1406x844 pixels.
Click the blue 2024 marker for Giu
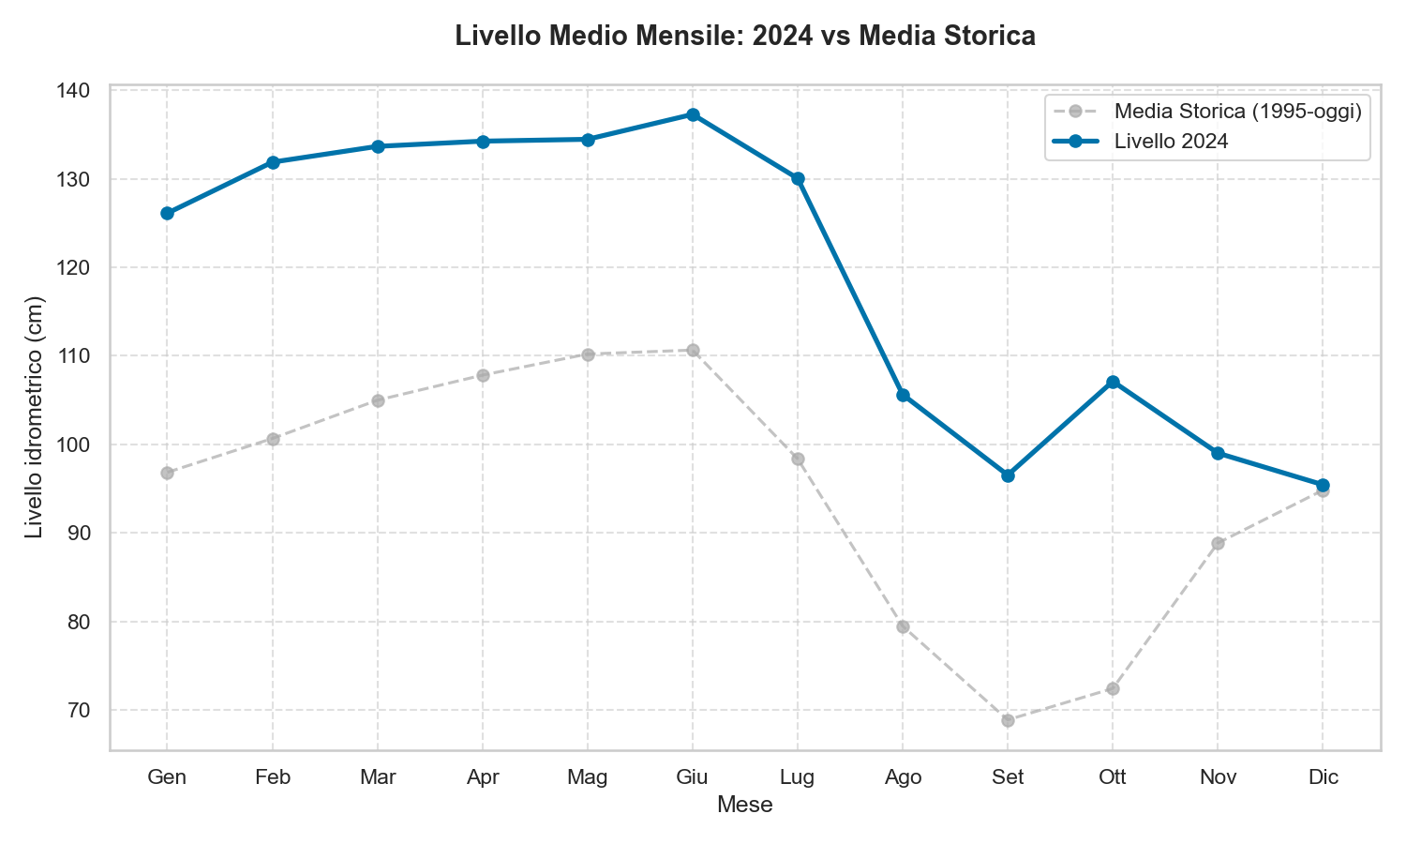pos(693,115)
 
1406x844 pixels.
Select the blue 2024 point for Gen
pos(167,214)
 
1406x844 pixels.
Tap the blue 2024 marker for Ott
pos(1113,383)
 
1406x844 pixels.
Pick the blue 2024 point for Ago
pos(903,396)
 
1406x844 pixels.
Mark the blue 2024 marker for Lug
pos(798,179)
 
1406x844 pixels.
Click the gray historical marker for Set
pos(1008,720)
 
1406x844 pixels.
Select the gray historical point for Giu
pos(693,351)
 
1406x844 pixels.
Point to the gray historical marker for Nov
pos(1218,544)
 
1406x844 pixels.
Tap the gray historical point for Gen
pos(167,473)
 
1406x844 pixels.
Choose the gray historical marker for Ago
pos(903,626)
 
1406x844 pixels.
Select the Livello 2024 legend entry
pos(1171,142)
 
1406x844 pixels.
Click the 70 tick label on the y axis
pos(82,711)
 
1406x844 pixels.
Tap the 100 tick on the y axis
pos(77,445)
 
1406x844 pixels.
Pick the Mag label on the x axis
pos(588,777)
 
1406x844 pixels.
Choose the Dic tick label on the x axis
pos(1323,777)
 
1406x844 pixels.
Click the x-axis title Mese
pos(744,805)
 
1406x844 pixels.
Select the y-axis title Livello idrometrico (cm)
pos(35,417)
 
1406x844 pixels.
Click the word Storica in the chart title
pos(994,37)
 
